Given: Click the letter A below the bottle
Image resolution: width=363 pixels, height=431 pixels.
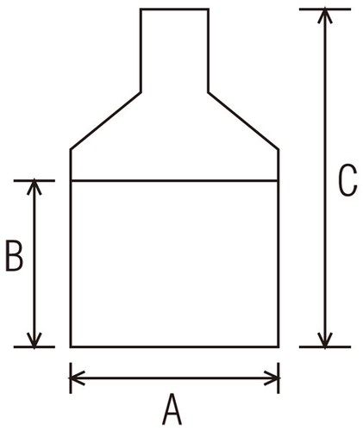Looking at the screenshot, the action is (x=172, y=409).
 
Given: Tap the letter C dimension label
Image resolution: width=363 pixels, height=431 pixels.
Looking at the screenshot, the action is (x=347, y=180).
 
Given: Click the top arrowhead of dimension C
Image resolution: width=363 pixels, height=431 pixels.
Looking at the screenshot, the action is (x=325, y=16).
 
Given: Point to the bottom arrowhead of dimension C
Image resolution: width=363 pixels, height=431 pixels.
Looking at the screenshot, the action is (x=325, y=340).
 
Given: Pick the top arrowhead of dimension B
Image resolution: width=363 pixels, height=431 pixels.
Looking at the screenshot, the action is (x=34, y=187).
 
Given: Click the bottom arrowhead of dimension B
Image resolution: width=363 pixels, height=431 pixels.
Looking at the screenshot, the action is (x=34, y=340).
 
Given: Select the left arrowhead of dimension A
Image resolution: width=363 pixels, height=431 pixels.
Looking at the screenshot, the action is (x=77, y=378).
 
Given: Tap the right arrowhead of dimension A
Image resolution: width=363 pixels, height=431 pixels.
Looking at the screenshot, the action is (x=272, y=378).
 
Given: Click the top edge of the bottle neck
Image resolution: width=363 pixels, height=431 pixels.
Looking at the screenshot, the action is (x=174, y=9).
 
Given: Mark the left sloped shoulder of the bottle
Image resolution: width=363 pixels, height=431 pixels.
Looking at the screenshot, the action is (x=105, y=121).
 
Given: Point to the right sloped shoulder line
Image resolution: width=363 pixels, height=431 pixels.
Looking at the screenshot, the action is (x=243, y=121).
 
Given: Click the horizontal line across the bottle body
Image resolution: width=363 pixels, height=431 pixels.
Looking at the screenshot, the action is (x=174, y=181).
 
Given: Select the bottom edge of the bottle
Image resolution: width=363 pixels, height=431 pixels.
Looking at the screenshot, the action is (x=174, y=347).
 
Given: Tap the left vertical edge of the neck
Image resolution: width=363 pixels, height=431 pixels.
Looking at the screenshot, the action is (x=141, y=51).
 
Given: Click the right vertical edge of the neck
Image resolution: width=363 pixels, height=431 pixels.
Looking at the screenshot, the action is (x=208, y=51).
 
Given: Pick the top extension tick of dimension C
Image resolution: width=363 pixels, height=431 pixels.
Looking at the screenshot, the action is (x=325, y=9).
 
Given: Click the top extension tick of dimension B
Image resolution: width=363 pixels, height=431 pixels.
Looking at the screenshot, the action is (x=34, y=181).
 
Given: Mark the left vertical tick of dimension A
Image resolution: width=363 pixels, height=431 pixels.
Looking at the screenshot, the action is (x=71, y=378).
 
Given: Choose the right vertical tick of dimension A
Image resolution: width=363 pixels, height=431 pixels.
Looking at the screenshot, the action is (x=278, y=378).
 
